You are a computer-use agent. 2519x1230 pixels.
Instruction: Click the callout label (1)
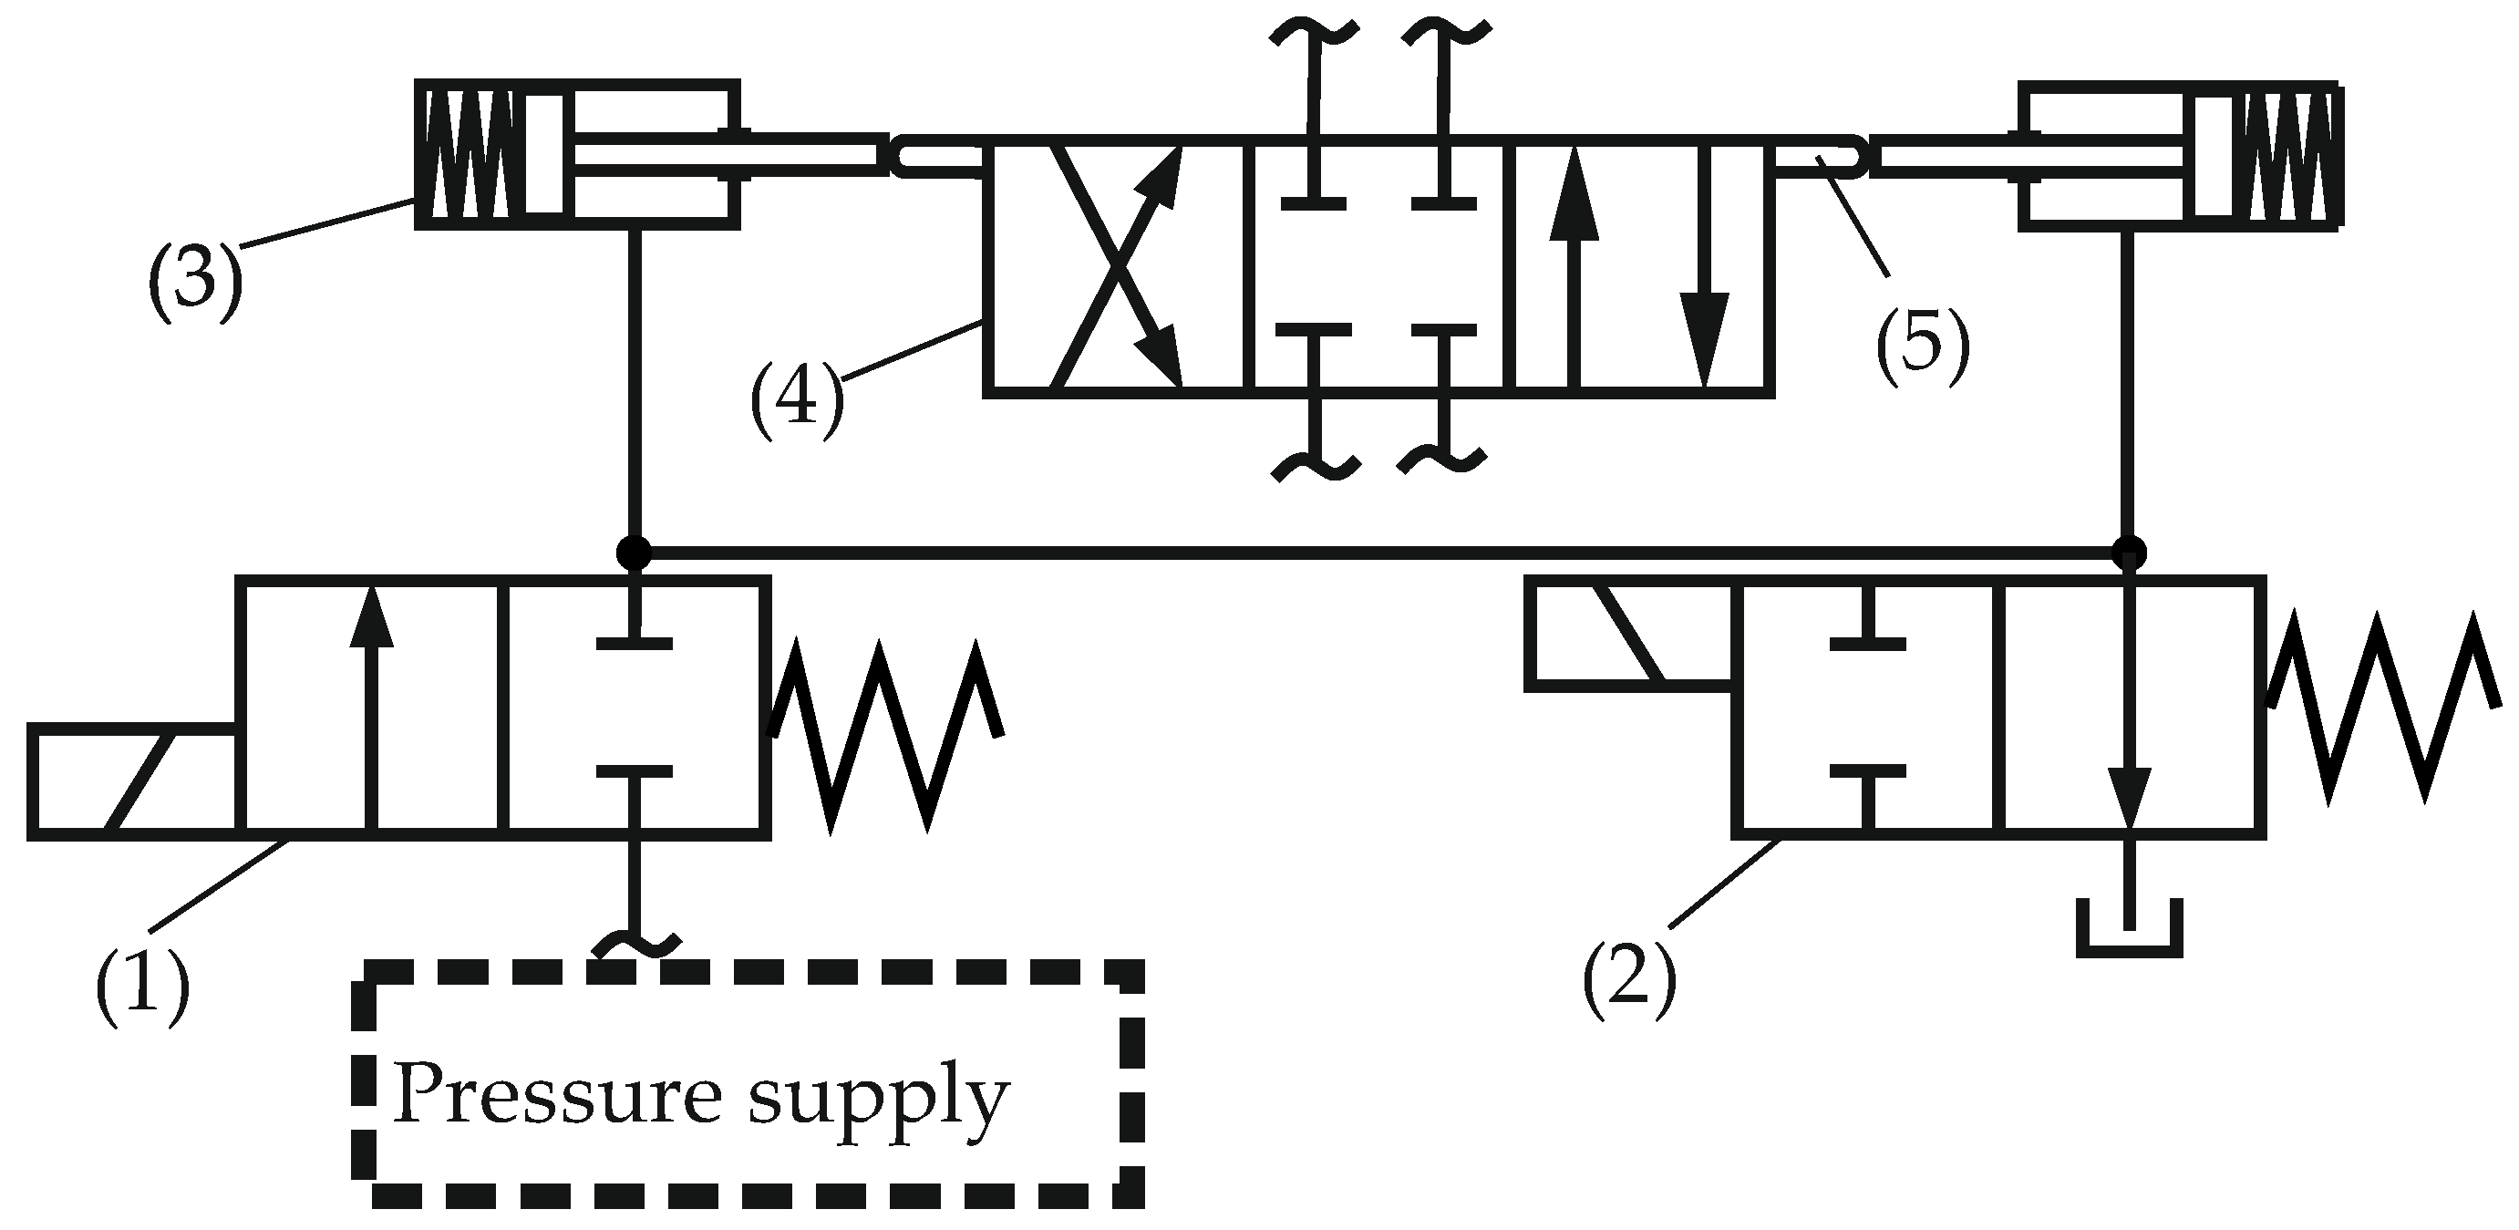[x=142, y=984]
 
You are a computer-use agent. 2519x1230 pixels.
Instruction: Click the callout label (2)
[x=1629, y=977]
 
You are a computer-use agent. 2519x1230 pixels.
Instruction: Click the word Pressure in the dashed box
[x=557, y=1095]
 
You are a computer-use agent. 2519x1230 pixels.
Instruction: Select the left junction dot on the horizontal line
[x=634, y=553]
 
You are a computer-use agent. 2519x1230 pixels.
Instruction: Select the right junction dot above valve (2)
[x=2129, y=553]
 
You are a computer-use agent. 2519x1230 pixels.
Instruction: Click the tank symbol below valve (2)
[x=2129, y=928]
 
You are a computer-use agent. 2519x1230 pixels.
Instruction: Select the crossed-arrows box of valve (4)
[x=1115, y=269]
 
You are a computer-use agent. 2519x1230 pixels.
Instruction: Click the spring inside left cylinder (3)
[x=471, y=154]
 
